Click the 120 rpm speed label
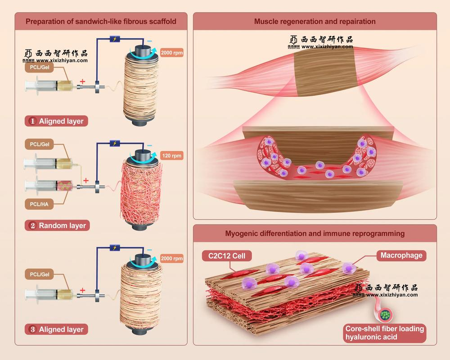[172, 156]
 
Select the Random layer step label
[57, 225]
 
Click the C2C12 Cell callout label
[227, 256]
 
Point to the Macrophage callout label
[401, 256]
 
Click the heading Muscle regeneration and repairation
[315, 21]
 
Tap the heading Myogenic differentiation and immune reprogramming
[315, 234]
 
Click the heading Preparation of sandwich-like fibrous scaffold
[101, 21]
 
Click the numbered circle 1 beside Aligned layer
[32, 121]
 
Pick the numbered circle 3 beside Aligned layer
[32, 329]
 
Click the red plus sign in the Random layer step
[85, 180]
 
